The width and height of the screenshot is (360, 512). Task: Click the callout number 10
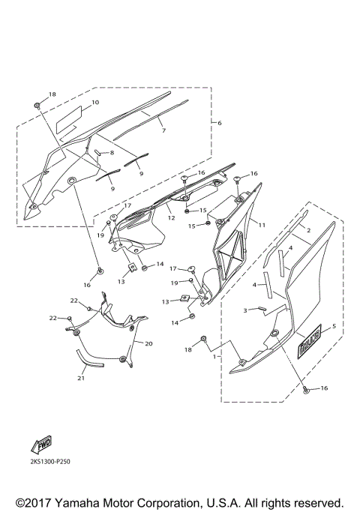[x=95, y=102]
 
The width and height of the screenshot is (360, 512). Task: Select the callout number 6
[x=219, y=122]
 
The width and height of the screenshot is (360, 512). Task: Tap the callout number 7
[x=163, y=130]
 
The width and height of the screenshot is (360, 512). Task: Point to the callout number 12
[x=171, y=218]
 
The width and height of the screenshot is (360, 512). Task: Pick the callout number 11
[x=262, y=224]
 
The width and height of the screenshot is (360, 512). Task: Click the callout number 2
[x=307, y=232]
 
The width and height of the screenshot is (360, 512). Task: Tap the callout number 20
[x=148, y=343]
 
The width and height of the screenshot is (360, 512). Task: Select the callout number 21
[x=80, y=378]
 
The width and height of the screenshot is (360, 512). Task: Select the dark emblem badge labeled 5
[x=308, y=346]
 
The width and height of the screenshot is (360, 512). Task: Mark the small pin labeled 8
[x=98, y=152]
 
